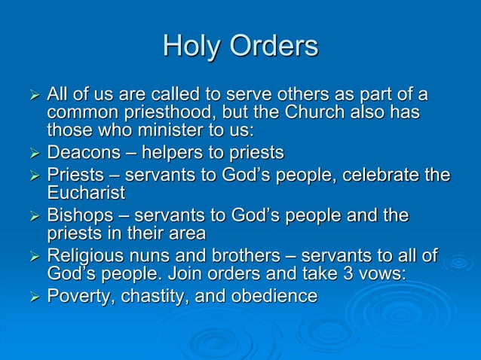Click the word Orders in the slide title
pos(274,47)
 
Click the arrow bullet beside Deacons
pos(32,154)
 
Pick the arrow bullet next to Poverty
pos(32,297)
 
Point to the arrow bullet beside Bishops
pos(32,217)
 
